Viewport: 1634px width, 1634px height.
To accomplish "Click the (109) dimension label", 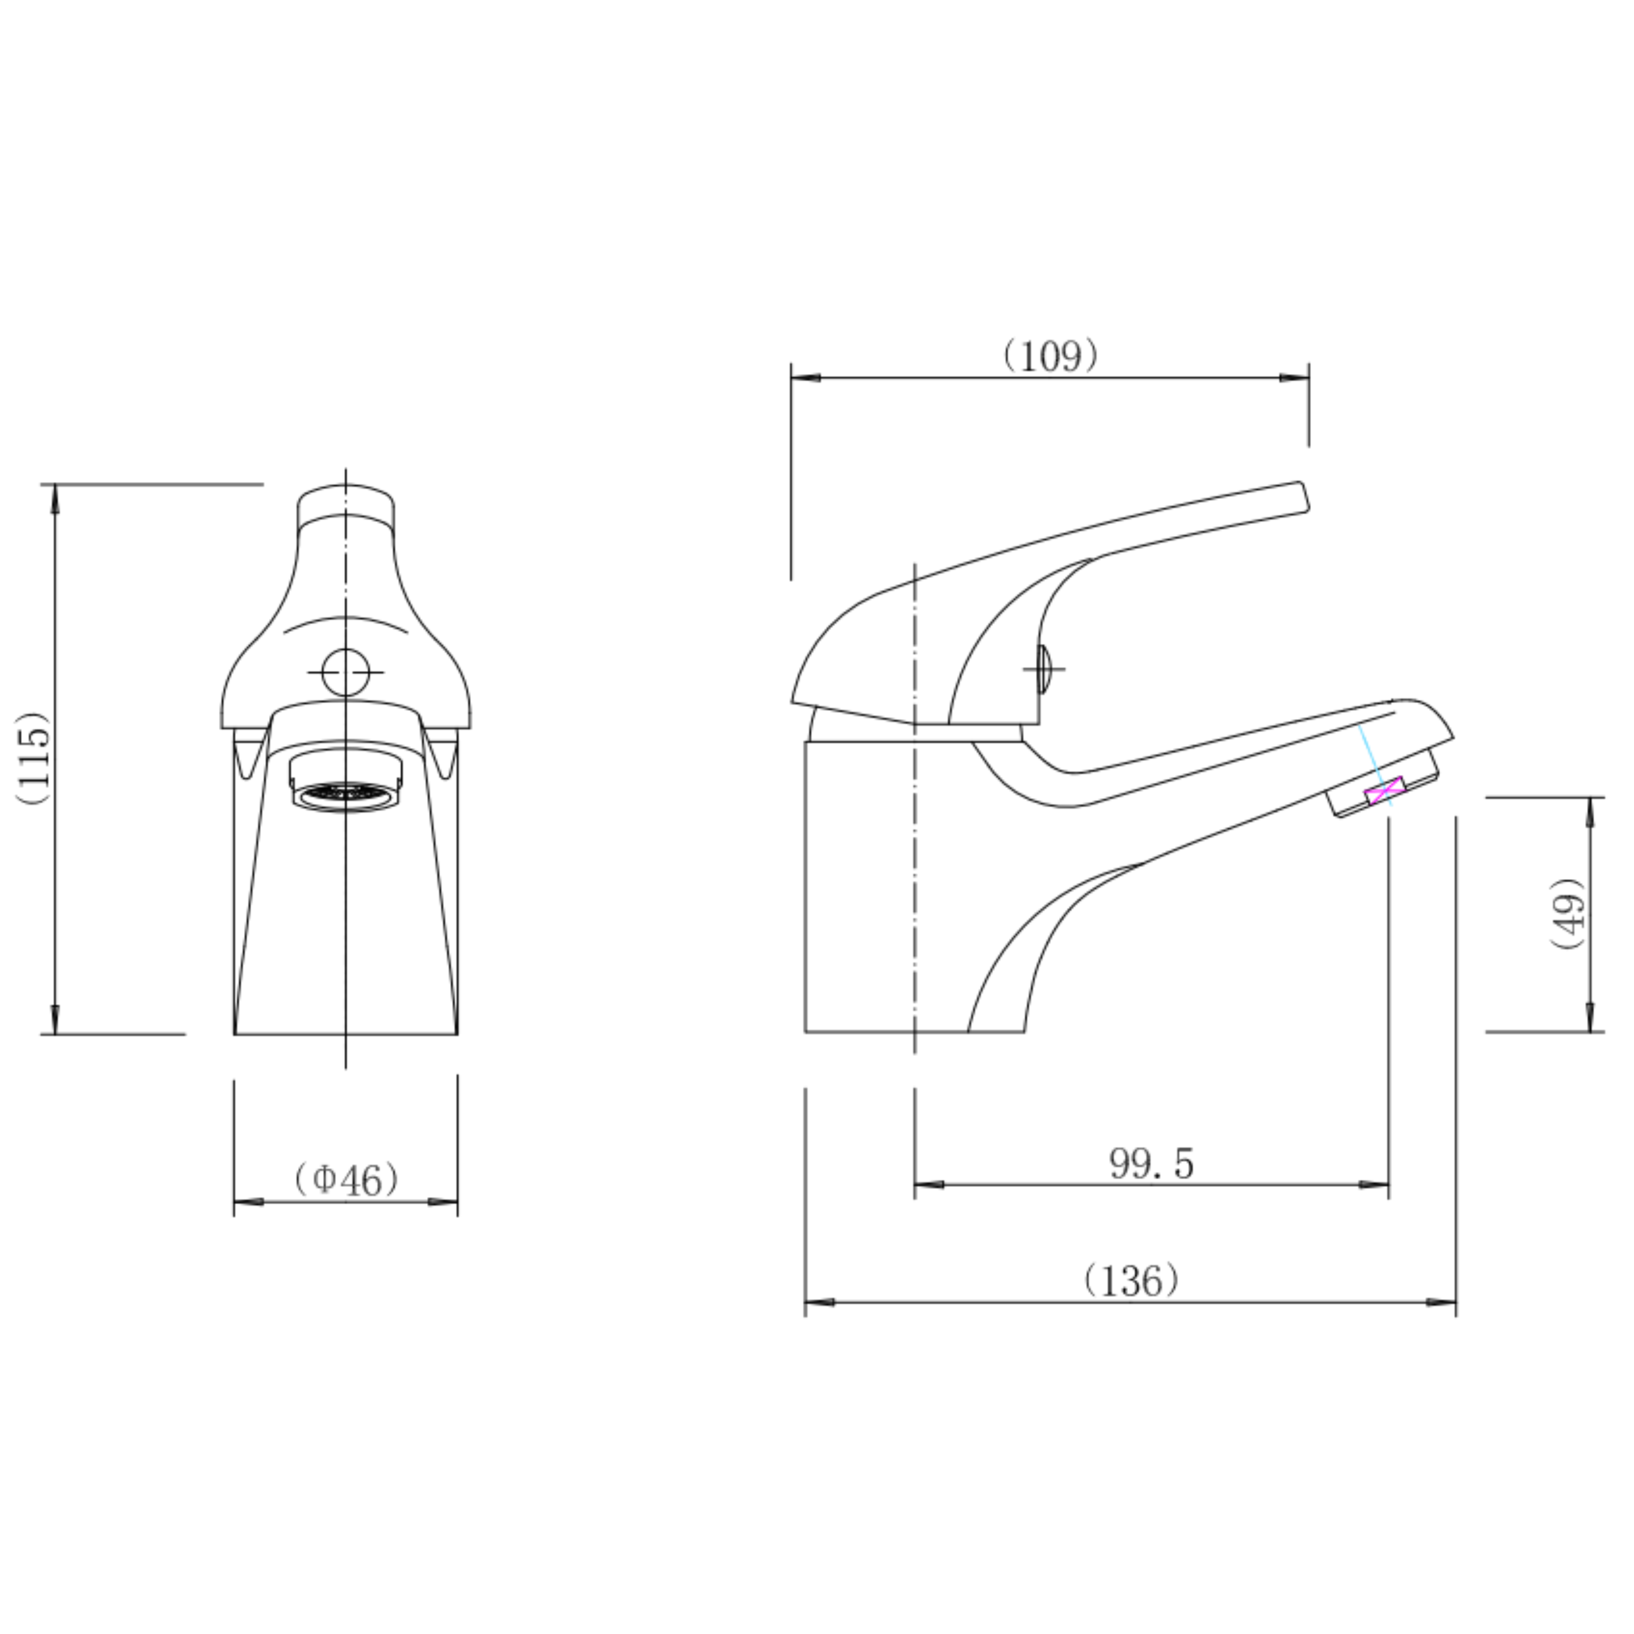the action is (x=1051, y=356).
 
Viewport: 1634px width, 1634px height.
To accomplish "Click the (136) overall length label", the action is (x=1132, y=1281).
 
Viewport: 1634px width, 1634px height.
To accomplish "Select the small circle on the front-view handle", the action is (x=346, y=672).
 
